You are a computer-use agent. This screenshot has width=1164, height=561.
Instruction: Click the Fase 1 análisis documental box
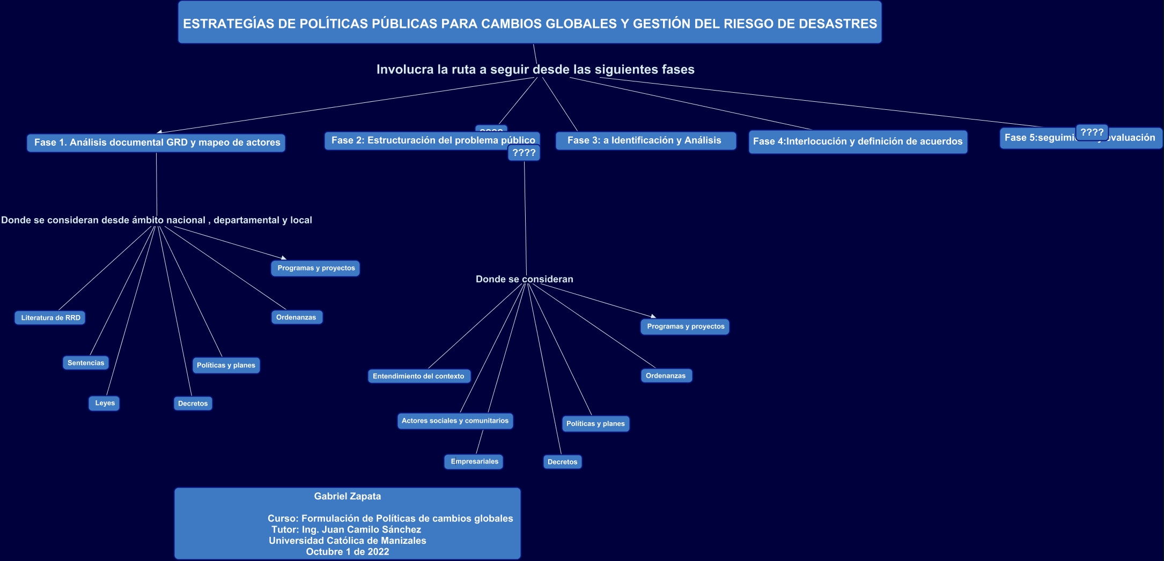pos(156,143)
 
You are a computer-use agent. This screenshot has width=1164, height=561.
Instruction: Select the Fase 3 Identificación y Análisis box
pos(645,140)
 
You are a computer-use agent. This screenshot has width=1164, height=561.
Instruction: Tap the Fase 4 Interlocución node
pos(858,141)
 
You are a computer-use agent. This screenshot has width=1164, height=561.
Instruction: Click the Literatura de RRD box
pos(50,318)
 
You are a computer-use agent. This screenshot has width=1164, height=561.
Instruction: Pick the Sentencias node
pos(85,363)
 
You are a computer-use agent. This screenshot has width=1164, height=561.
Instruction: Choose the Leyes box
pos(104,403)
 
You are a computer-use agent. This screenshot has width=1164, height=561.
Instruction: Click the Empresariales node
pos(474,461)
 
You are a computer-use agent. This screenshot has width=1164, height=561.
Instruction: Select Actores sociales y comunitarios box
pos(454,421)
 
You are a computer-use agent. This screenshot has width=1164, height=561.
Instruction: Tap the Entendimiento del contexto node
pos(418,376)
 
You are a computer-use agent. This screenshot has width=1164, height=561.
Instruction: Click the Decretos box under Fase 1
pos(193,403)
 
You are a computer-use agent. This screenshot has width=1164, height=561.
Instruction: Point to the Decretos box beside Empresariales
pos(562,462)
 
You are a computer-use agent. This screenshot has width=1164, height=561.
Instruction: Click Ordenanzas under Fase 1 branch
pos(296,317)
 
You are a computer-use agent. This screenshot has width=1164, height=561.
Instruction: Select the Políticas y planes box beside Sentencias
pos(226,365)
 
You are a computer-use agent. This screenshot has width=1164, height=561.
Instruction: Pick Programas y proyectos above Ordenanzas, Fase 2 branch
pos(685,326)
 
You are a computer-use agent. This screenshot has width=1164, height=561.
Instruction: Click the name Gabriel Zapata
pos(348,496)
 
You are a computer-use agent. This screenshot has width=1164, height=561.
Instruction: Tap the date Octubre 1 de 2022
pos(348,551)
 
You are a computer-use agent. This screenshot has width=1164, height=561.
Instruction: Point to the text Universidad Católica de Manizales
pos(348,541)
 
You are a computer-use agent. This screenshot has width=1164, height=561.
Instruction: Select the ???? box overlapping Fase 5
pos(1092,132)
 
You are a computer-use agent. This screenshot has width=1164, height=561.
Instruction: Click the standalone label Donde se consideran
pos(524,279)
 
